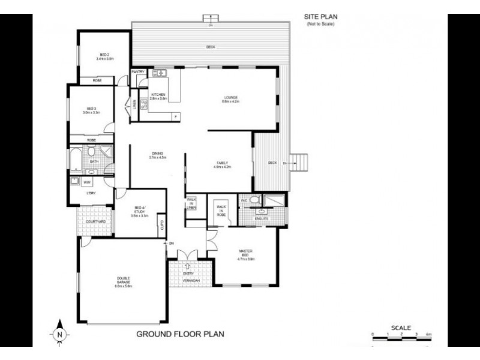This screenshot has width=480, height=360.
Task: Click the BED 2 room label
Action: tap(104, 56)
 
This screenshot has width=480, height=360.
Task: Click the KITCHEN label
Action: tap(158, 96)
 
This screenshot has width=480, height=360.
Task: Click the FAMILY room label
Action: tap(223, 164)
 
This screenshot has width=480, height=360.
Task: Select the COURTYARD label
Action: tap(96, 221)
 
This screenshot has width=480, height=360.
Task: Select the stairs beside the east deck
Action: tap(302, 162)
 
